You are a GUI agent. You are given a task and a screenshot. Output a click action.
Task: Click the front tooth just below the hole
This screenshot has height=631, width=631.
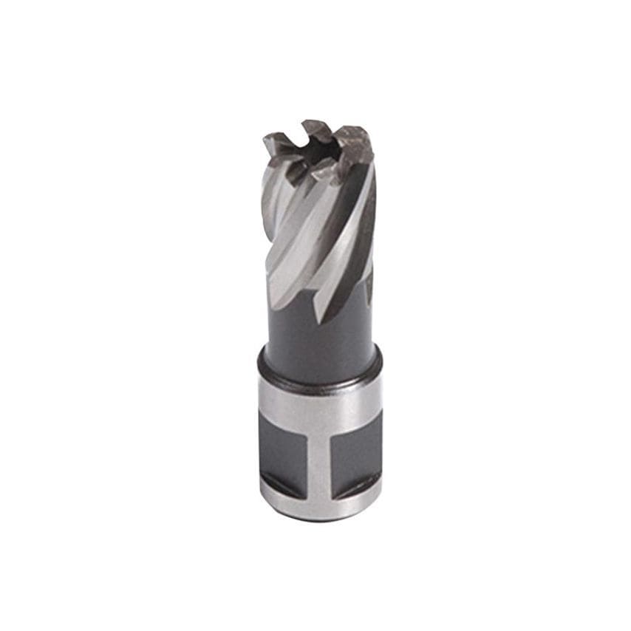tap(325, 171)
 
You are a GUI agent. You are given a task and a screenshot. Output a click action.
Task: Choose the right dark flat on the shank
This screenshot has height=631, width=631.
tap(355, 451)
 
